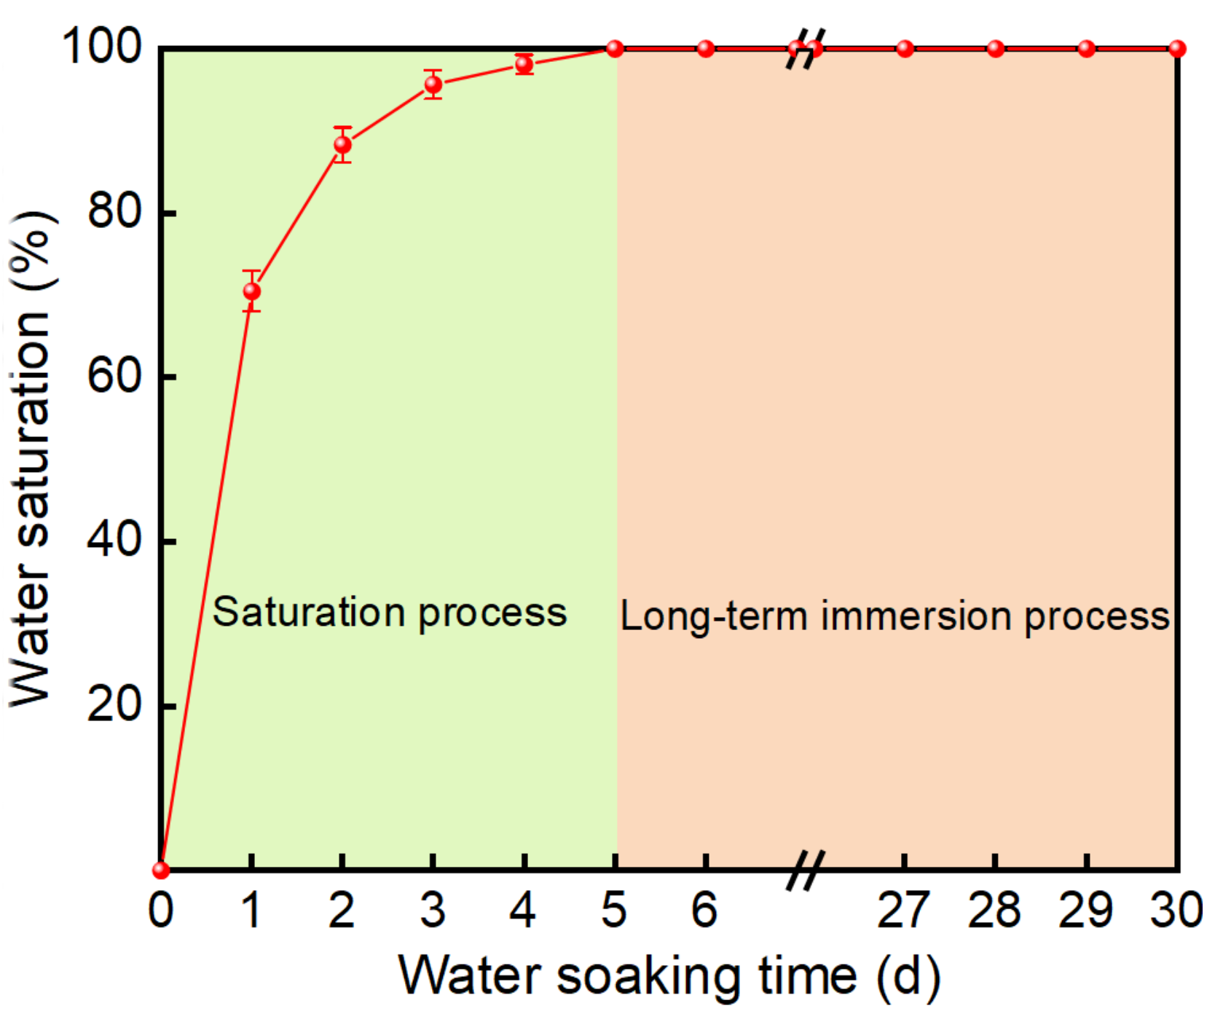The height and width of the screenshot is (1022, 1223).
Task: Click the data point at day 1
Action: pos(251,291)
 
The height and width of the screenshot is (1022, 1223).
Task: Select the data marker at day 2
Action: pos(342,145)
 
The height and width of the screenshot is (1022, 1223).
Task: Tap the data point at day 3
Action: pos(433,84)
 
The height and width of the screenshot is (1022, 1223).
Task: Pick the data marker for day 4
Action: pos(524,64)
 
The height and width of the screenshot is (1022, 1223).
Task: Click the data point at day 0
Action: pos(161,870)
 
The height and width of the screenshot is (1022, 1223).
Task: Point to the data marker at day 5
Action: pos(615,49)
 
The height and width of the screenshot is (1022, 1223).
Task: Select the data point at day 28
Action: pos(996,49)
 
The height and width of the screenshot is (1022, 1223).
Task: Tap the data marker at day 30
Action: pos(1177,49)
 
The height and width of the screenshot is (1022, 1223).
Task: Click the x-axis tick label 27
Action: pos(903,911)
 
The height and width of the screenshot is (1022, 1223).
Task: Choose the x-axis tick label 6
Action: pos(704,911)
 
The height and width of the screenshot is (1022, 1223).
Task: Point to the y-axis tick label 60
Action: pos(113,377)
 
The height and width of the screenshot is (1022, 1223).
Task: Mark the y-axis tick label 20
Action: pos(113,704)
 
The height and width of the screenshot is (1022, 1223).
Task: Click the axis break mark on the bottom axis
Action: pos(805,870)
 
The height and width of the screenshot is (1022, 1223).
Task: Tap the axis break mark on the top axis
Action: pos(805,49)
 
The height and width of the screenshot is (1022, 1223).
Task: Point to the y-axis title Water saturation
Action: pos(31,459)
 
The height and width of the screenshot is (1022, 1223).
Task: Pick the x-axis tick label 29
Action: pos(1085,911)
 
